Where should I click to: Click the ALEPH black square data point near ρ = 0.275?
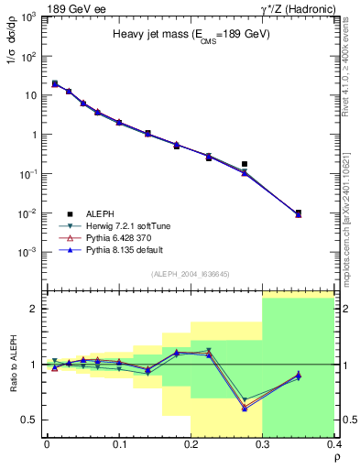pos(245,164)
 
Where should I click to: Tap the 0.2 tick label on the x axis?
pos(191,443)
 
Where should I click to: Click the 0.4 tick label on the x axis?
pos(334,443)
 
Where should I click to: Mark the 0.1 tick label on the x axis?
pos(118,443)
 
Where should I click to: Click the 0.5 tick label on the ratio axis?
pos(29,420)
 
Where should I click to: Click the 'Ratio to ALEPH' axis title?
pos(11,365)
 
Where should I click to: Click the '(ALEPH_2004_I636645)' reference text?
pos(191,274)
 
